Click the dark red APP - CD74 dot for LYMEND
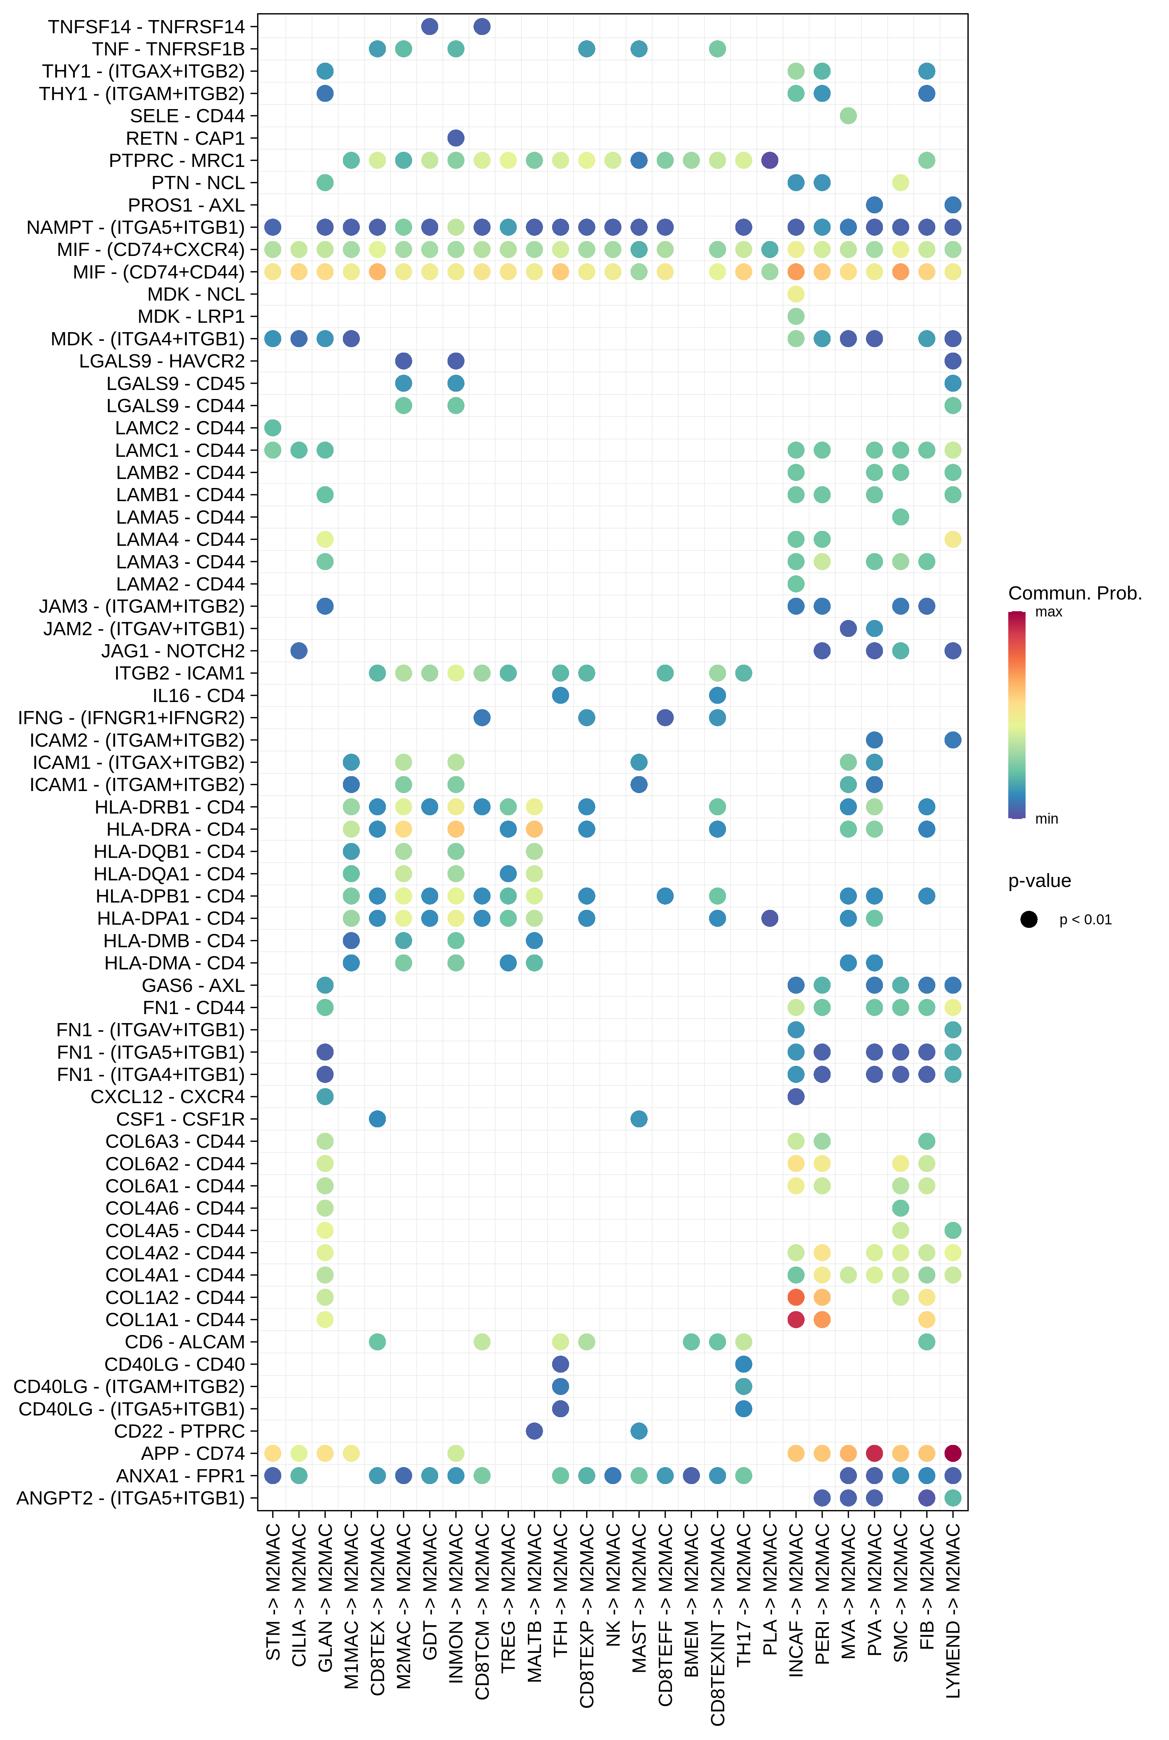tap(953, 1453)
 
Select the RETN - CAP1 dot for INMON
tap(455, 138)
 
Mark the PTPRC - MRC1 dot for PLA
tap(769, 160)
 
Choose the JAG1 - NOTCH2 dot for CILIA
tap(299, 651)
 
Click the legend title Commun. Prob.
tap(1074, 593)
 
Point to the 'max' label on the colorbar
tap(1048, 612)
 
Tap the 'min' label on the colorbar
tap(1046, 818)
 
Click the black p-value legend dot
tap(1029, 919)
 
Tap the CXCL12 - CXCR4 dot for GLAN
tap(325, 1097)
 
